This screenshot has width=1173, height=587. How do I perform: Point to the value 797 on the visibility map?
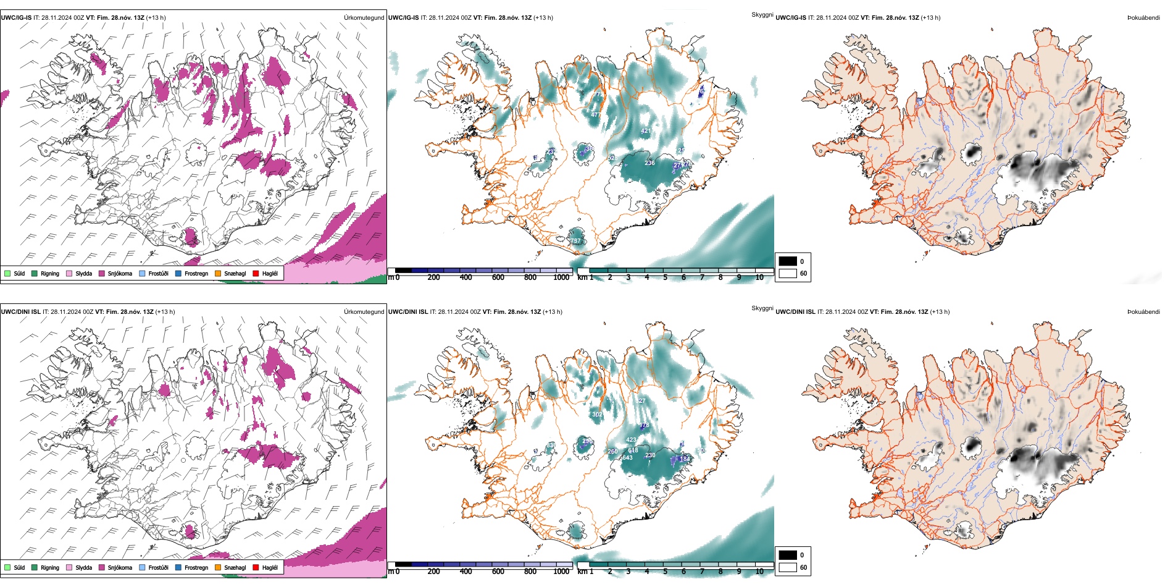pos(575,241)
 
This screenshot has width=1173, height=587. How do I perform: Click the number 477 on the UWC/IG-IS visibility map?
pos(596,115)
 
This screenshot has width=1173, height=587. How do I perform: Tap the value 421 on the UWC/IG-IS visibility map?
pos(646,131)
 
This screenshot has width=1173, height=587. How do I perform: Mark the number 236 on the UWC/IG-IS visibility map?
pos(649,163)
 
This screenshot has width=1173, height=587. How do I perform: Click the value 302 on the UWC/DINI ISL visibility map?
pos(597,415)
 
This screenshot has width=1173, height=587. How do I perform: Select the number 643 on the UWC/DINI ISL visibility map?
pos(627,458)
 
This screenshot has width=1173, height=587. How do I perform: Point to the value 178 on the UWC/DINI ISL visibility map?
pos(645,425)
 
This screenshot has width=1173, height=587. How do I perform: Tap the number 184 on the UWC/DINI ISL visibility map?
pos(685,459)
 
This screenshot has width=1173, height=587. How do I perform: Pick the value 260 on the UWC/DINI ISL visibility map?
pos(612,452)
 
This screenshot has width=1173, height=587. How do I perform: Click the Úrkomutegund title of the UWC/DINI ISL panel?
pos(364,311)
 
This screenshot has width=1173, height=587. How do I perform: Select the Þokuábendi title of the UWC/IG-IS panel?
pos(1143,17)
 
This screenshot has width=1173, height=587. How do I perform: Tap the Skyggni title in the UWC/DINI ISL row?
pos(762,308)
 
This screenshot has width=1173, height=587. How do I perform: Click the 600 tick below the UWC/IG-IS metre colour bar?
pos(498,277)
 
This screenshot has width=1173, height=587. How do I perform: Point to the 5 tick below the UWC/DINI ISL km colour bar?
pos(666,572)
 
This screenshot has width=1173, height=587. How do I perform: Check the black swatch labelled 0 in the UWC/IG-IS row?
pos(788,261)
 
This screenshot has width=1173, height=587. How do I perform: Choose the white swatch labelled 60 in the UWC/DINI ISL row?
pos(788,567)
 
